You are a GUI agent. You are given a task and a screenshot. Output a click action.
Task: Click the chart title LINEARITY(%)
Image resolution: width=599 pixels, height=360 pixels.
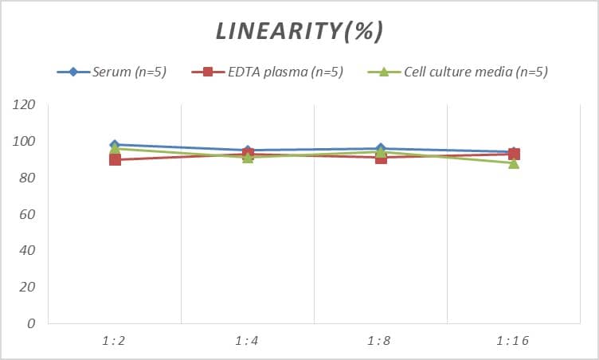(x=299, y=31)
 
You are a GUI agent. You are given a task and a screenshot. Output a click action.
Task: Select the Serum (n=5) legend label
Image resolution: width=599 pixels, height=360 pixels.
(x=130, y=72)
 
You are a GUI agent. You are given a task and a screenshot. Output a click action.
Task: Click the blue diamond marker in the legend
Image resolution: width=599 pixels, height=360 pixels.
(x=72, y=72)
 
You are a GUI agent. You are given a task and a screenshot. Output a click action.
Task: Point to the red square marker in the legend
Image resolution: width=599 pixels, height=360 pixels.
(x=208, y=72)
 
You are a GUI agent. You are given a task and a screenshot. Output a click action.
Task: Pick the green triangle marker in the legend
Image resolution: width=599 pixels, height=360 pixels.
(x=382, y=72)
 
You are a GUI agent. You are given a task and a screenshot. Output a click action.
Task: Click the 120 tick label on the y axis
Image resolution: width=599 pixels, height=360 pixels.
(x=25, y=105)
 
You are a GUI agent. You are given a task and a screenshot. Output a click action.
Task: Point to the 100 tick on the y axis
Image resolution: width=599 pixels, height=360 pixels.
(x=25, y=142)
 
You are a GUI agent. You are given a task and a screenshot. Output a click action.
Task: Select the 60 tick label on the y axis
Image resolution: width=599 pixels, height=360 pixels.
(x=28, y=214)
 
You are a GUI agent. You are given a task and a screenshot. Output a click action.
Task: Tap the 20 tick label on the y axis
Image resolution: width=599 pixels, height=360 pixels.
(x=28, y=287)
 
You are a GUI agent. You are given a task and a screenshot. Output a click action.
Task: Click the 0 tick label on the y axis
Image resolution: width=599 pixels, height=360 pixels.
(x=31, y=323)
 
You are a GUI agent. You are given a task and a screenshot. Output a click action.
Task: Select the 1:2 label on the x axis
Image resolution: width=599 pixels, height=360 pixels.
(x=115, y=341)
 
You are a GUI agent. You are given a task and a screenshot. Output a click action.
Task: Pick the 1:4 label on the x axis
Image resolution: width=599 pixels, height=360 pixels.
(x=248, y=341)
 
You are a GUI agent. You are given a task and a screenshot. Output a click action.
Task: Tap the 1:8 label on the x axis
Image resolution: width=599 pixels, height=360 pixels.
(x=381, y=341)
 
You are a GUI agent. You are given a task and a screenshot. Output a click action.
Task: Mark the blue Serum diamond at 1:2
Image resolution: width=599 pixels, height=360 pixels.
(x=115, y=145)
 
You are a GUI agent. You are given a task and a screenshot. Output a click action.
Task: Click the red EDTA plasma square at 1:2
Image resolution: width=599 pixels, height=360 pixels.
(x=115, y=160)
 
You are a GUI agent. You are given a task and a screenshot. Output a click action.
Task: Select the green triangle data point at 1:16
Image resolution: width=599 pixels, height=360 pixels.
(x=514, y=163)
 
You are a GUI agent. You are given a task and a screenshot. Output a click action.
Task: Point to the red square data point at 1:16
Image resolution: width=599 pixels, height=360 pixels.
(x=514, y=154)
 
